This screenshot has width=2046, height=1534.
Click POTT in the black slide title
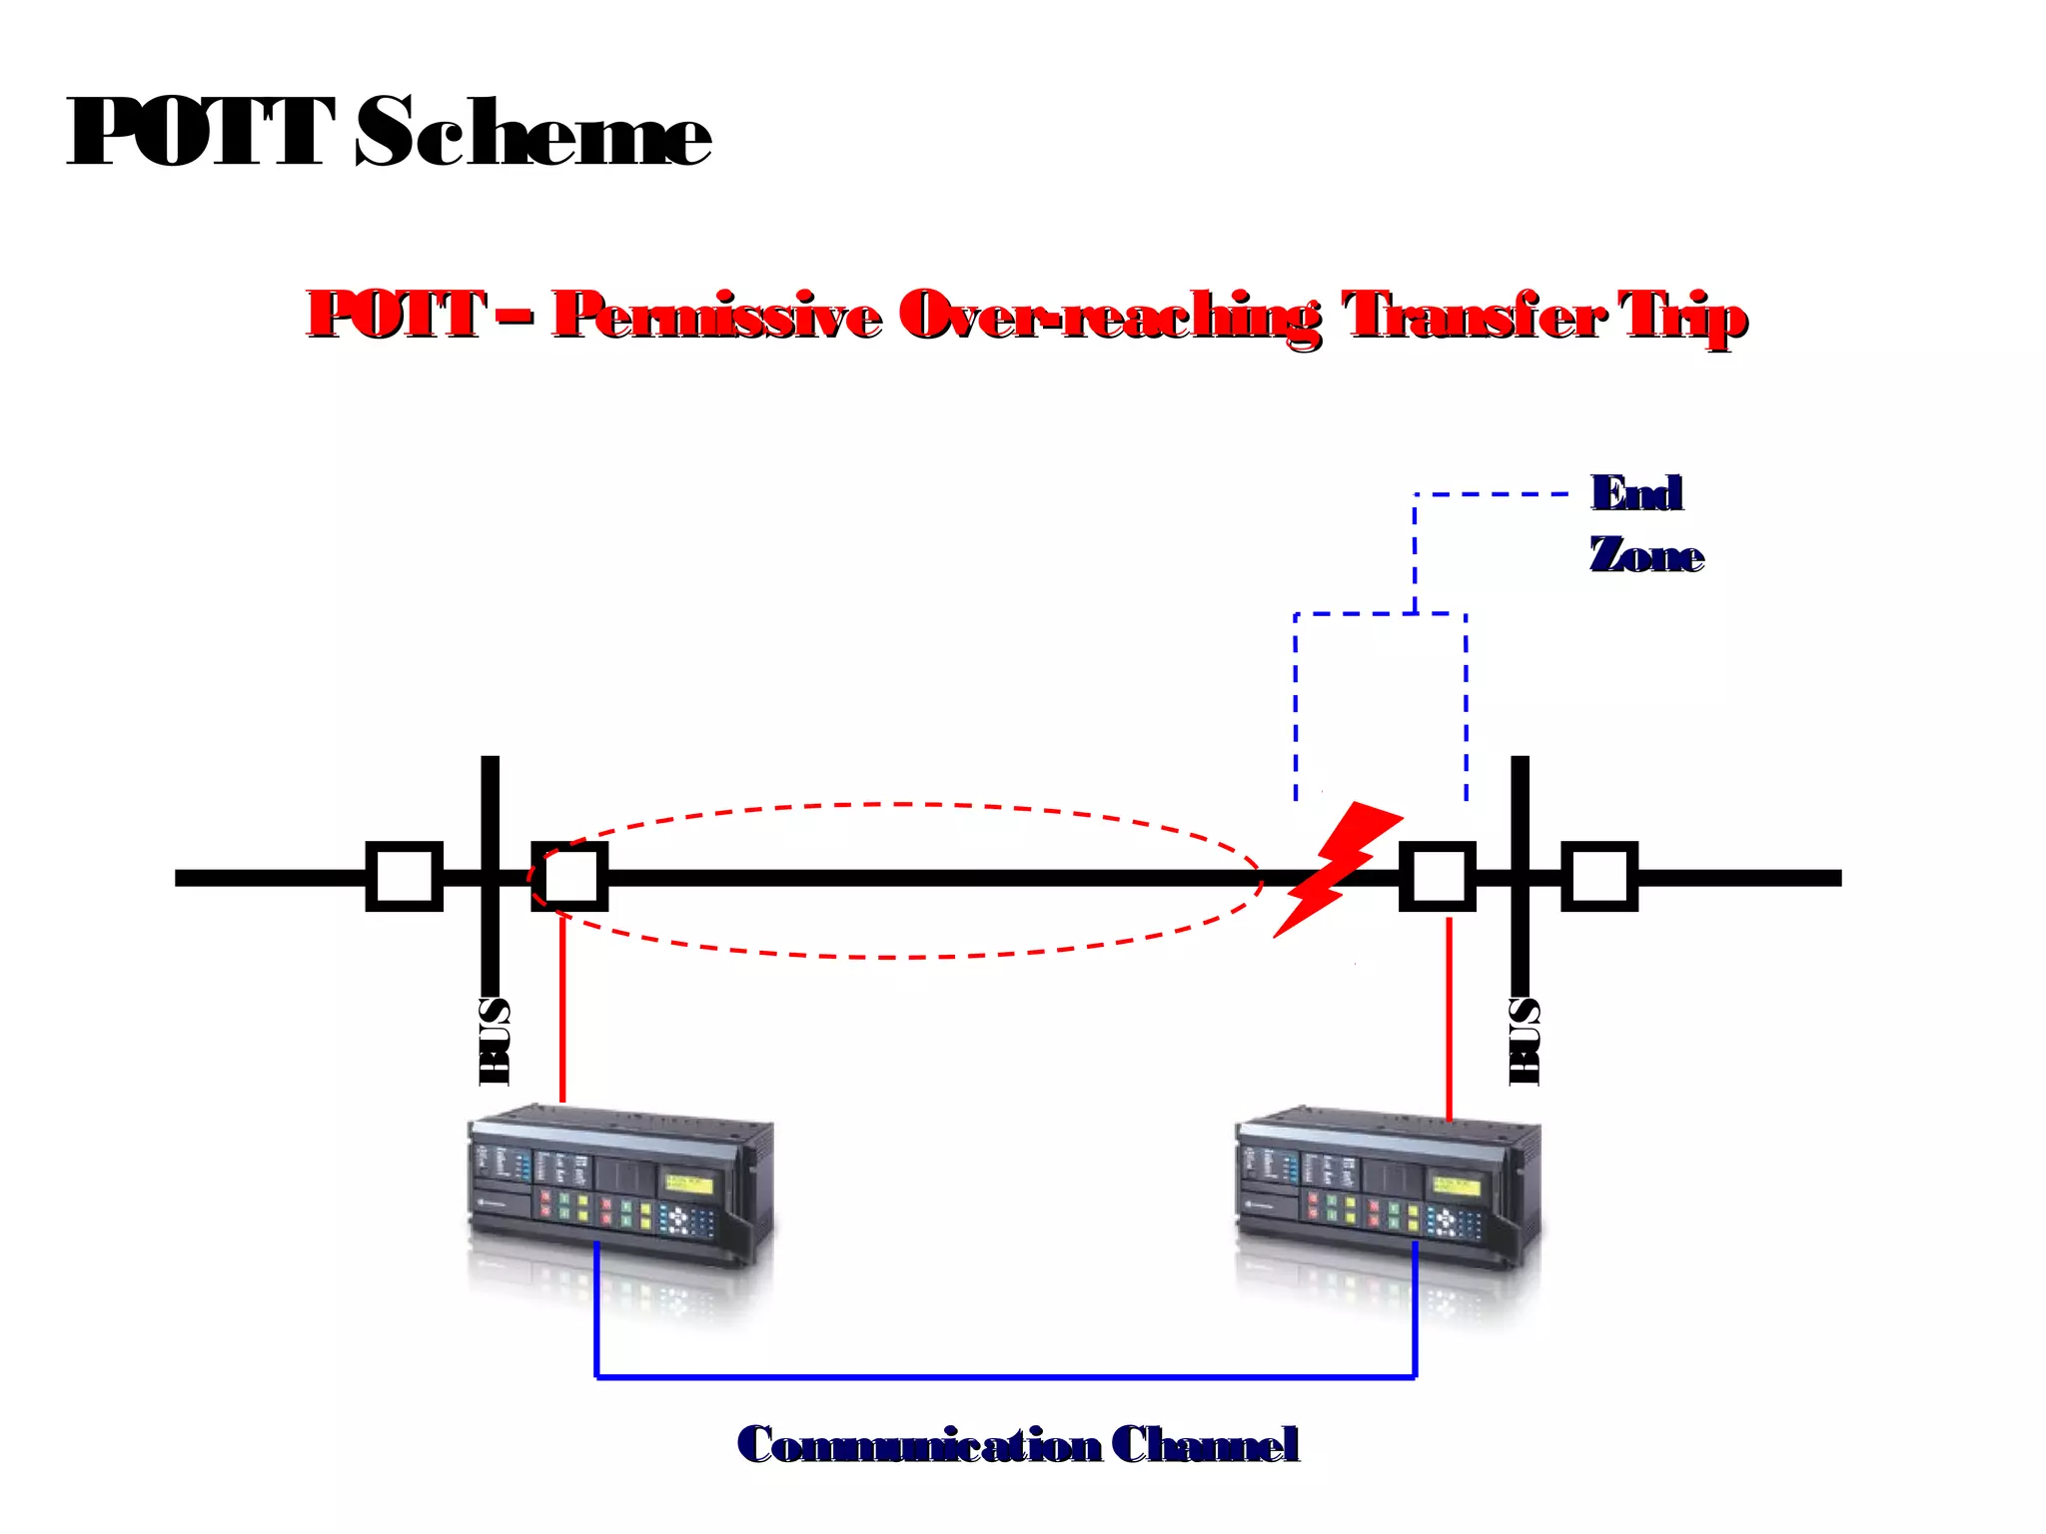tap(200, 133)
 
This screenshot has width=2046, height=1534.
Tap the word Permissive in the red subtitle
tap(716, 316)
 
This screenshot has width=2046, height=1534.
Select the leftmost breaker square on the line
tap(405, 877)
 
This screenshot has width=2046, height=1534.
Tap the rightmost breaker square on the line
tap(1599, 877)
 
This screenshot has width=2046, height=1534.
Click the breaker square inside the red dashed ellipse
tap(569, 877)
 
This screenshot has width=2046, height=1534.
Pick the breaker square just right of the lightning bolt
tap(1437, 877)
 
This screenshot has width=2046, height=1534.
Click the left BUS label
tap(495, 1041)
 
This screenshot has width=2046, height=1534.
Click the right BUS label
tap(1524, 1041)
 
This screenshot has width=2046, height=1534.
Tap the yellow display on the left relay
tap(688, 1184)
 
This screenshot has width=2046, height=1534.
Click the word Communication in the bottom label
tap(918, 1445)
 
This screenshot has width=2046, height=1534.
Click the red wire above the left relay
tap(562, 1009)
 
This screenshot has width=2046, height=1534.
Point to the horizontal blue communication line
tap(1004, 1377)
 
